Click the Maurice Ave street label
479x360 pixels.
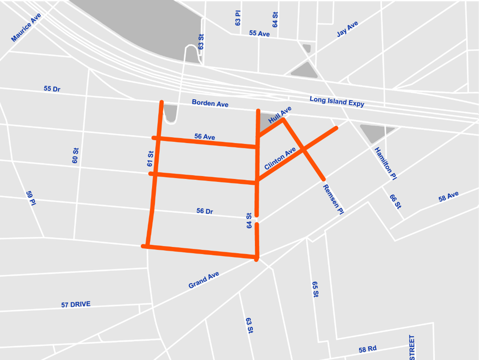26,28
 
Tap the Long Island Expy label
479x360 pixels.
337,101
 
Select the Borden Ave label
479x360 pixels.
210,103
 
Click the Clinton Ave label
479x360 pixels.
280,158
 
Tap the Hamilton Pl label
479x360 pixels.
385,163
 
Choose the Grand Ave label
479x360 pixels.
204,280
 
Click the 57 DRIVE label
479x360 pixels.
76,304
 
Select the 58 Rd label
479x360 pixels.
367,349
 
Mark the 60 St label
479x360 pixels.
76,155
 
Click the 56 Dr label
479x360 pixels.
204,211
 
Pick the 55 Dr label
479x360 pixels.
52,89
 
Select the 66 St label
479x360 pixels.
395,201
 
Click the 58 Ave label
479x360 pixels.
449,197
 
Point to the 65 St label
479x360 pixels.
315,289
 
